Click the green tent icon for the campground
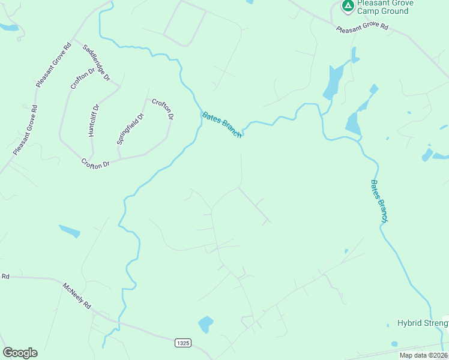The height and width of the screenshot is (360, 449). click(348, 6)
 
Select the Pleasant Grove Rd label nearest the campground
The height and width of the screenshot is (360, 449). click(362, 28)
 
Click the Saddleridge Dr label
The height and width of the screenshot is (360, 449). click(97, 62)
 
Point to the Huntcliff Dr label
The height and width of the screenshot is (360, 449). click(92, 120)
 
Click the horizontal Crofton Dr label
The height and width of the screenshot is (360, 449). click(97, 163)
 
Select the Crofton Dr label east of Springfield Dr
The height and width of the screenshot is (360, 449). click(163, 109)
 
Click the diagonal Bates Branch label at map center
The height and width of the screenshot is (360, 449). click(222, 125)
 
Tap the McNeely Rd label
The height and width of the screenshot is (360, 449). click(76, 295)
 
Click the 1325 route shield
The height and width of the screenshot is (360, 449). click(184, 343)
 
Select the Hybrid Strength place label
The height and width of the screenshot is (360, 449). click(423, 323)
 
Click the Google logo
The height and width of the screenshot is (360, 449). click(20, 353)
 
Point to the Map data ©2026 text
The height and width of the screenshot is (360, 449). click(423, 355)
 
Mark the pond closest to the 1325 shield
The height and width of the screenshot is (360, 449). click(206, 324)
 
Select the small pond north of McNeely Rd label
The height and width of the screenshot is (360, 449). click(69, 230)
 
